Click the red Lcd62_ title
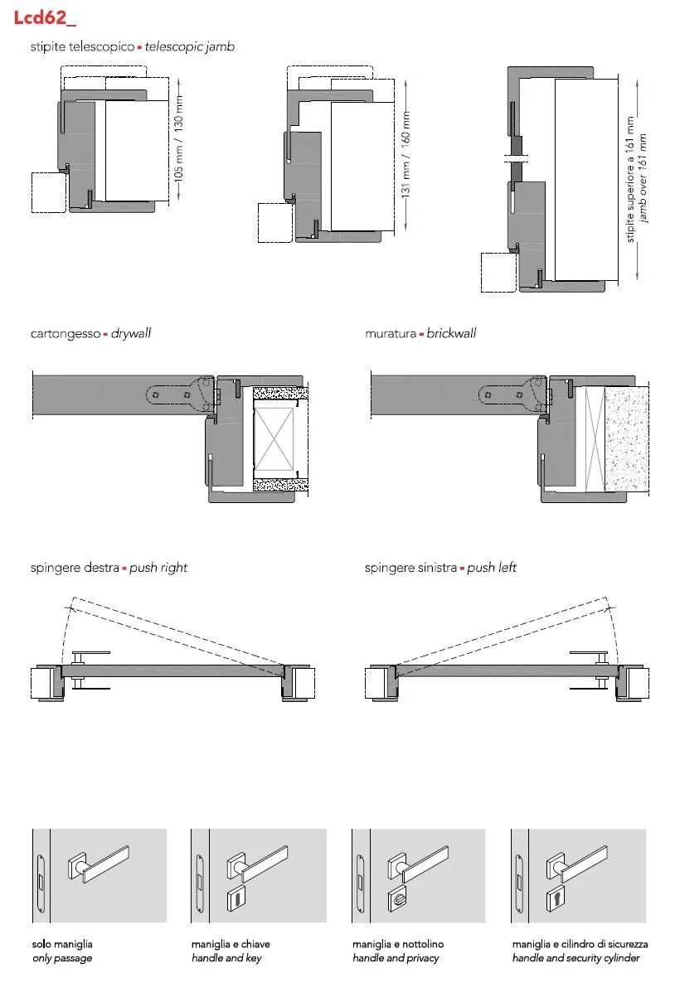click(x=45, y=17)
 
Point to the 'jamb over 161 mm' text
click(x=642, y=178)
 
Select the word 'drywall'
click(x=131, y=333)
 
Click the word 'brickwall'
click(x=451, y=333)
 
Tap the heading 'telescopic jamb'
click(x=190, y=46)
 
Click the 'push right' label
click(x=158, y=568)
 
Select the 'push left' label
click(x=492, y=568)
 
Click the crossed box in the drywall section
click(x=274, y=439)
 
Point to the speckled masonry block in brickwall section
click(x=626, y=439)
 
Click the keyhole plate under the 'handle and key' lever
click(x=236, y=899)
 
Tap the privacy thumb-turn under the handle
click(x=396, y=899)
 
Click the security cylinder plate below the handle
click(x=556, y=899)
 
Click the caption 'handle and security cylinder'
click(x=575, y=958)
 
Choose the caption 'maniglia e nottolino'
click(x=397, y=944)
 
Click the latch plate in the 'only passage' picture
click(x=41, y=876)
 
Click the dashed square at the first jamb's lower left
click(x=49, y=192)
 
